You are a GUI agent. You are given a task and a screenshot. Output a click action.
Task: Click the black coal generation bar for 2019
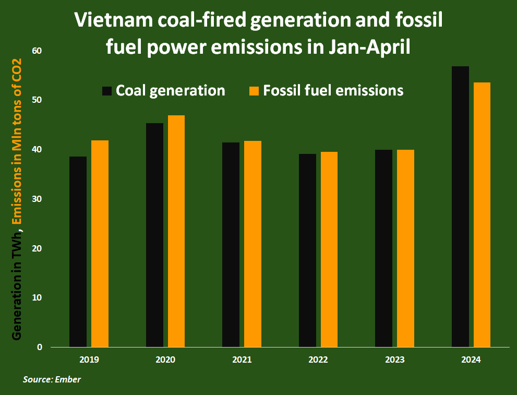[x=78, y=252]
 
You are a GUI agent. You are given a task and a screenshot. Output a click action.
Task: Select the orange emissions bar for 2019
[x=100, y=244]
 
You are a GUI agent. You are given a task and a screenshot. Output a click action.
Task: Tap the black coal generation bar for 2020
[x=154, y=235]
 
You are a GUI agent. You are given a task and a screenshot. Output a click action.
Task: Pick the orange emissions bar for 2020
[x=176, y=231]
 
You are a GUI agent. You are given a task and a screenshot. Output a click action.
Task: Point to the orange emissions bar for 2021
[x=253, y=244]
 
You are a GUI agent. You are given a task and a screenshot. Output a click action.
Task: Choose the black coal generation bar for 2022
[x=307, y=250]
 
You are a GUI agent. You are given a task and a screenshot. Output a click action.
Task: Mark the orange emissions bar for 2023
[x=405, y=248]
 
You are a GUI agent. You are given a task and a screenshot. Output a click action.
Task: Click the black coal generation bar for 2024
[x=460, y=207]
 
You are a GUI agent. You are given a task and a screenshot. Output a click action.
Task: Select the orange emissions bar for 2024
[x=482, y=214]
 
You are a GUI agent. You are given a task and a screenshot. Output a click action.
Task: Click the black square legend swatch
[x=107, y=91]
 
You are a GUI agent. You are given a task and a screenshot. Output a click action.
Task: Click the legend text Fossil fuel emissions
[x=333, y=90]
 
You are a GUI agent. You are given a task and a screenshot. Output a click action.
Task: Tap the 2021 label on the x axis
[x=242, y=360]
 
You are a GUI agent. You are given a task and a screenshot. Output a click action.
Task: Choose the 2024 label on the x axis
[x=471, y=360]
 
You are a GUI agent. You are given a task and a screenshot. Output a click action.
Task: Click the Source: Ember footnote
[x=52, y=379]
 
